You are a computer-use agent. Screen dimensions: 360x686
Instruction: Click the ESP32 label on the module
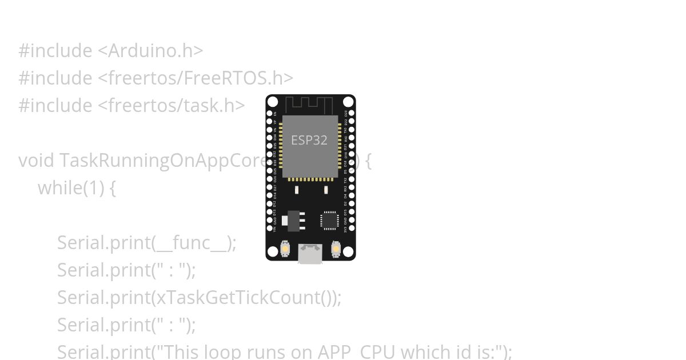pos(309,140)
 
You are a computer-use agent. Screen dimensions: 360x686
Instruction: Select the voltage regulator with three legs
pos(294,220)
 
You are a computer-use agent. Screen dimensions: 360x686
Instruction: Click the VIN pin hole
pos(270,229)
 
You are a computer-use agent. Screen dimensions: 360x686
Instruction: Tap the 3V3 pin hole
pos(350,229)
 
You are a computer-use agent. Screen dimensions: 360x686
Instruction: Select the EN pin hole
pos(270,113)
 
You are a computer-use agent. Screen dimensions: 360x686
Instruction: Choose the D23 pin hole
pos(350,113)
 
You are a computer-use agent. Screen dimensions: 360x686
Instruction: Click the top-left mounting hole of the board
pos(273,102)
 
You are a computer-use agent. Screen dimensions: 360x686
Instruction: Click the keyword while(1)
pos(71,188)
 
